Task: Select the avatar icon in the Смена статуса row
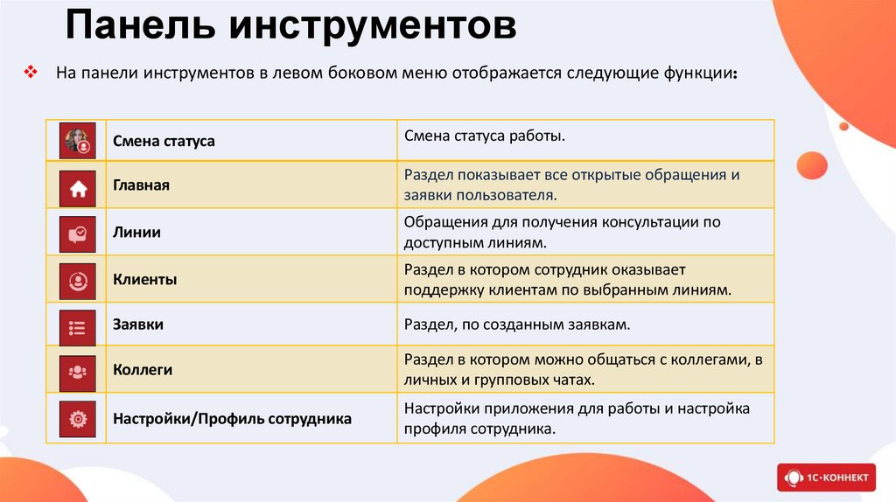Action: [x=77, y=141]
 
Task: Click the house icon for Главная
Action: [x=77, y=187]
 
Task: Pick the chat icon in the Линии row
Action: [x=77, y=234]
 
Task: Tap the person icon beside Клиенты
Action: [x=77, y=281]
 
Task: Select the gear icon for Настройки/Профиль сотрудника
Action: [x=77, y=419]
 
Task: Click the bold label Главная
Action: [x=141, y=186]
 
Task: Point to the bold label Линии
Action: [x=136, y=234]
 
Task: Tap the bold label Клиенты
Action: [x=145, y=281]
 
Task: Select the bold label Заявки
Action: [x=138, y=324]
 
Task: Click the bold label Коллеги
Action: [x=143, y=370]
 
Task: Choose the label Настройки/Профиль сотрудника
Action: [x=232, y=419]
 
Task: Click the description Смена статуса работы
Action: [x=484, y=136]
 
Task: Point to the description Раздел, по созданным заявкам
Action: [x=517, y=324]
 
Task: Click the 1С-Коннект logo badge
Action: [x=825, y=478]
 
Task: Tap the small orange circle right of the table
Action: [x=812, y=165]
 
